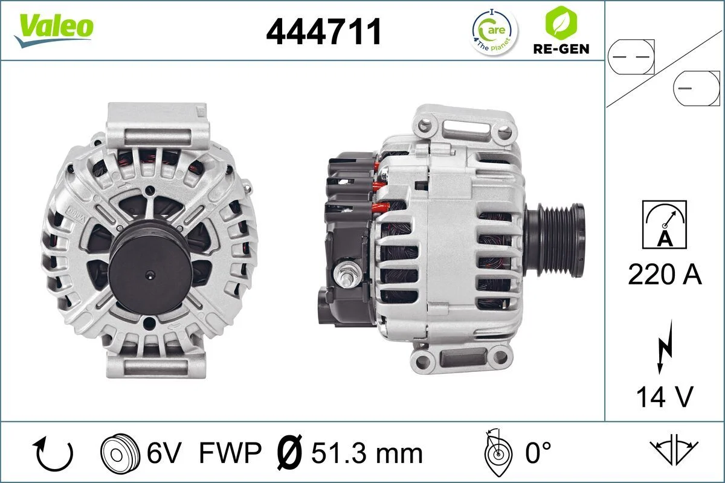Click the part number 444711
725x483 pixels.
tap(324, 31)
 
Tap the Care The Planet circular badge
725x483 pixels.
tap(494, 31)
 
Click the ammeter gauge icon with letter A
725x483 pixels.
tap(665, 225)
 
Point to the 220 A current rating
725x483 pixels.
tap(665, 275)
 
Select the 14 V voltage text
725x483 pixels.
tap(665, 397)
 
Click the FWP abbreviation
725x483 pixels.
tap(230, 453)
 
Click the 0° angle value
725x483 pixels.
tap(538, 453)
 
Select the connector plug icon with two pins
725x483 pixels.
tap(631, 56)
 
